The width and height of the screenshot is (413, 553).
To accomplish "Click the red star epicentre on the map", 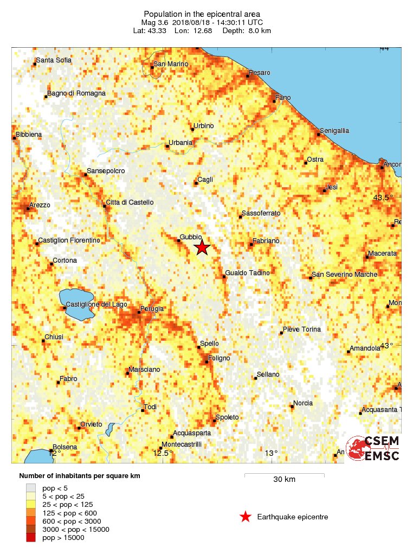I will [x=202, y=248].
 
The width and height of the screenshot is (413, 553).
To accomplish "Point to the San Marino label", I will [x=171, y=64].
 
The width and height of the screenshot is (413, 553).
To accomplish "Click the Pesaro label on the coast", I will [x=260, y=73].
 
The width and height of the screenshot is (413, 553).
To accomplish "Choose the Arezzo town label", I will [x=41, y=205].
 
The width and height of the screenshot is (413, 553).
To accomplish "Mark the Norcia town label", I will [x=303, y=403].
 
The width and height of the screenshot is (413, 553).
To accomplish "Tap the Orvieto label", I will [x=91, y=424].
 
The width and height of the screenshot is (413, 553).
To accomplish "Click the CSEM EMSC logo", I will [x=373, y=448].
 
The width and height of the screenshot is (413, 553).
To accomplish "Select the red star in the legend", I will [x=246, y=517].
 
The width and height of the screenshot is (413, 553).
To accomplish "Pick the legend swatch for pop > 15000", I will [x=31, y=537].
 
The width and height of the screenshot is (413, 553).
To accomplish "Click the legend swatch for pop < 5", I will [x=31, y=488].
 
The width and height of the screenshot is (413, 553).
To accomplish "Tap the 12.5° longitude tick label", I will [x=163, y=453].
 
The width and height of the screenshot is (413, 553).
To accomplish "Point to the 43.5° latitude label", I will [x=382, y=198].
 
